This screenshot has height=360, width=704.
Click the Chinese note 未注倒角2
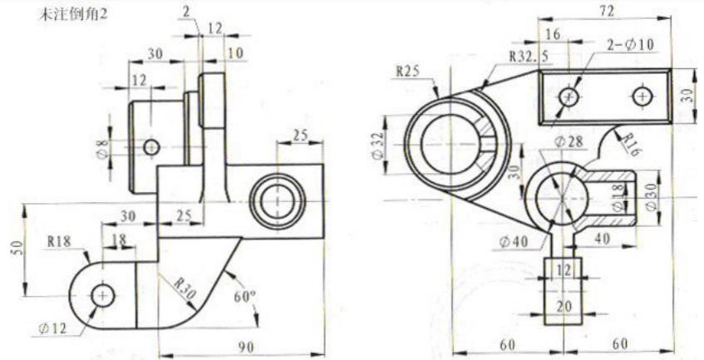coord(72,15)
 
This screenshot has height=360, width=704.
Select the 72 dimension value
coord(606,11)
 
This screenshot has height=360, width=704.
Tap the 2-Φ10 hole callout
coord(631,44)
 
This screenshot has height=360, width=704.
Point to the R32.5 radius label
coord(529,56)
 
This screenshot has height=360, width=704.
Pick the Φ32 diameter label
coord(378,145)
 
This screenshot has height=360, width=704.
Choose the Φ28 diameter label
coord(569,142)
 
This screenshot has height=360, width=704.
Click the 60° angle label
coord(245,296)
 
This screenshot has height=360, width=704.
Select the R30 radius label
coord(185,289)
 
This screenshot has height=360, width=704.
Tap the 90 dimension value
coord(245,347)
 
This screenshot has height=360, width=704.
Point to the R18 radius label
coord(59,241)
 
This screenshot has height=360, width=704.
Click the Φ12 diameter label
coord(52,328)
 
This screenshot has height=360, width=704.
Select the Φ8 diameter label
coord(103,149)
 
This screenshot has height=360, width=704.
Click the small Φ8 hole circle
coord(152,147)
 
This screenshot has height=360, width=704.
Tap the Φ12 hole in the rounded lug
coord(103,296)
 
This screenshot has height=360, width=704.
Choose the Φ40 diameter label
coord(514,242)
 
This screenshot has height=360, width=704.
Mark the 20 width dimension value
coord(564,307)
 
